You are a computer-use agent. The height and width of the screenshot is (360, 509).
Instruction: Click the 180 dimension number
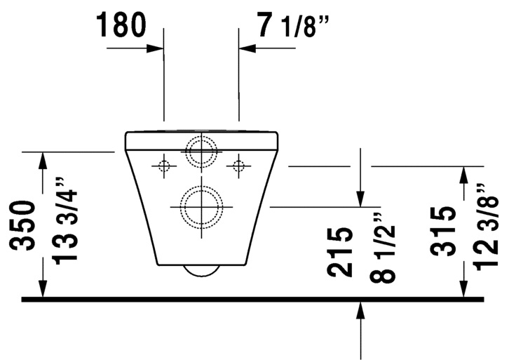pos(121,25)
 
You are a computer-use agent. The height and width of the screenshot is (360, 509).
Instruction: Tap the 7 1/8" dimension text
pos(292,25)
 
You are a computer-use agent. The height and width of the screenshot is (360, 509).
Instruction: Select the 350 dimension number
pos(22,225)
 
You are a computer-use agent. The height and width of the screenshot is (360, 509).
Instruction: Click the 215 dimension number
pos(340,253)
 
